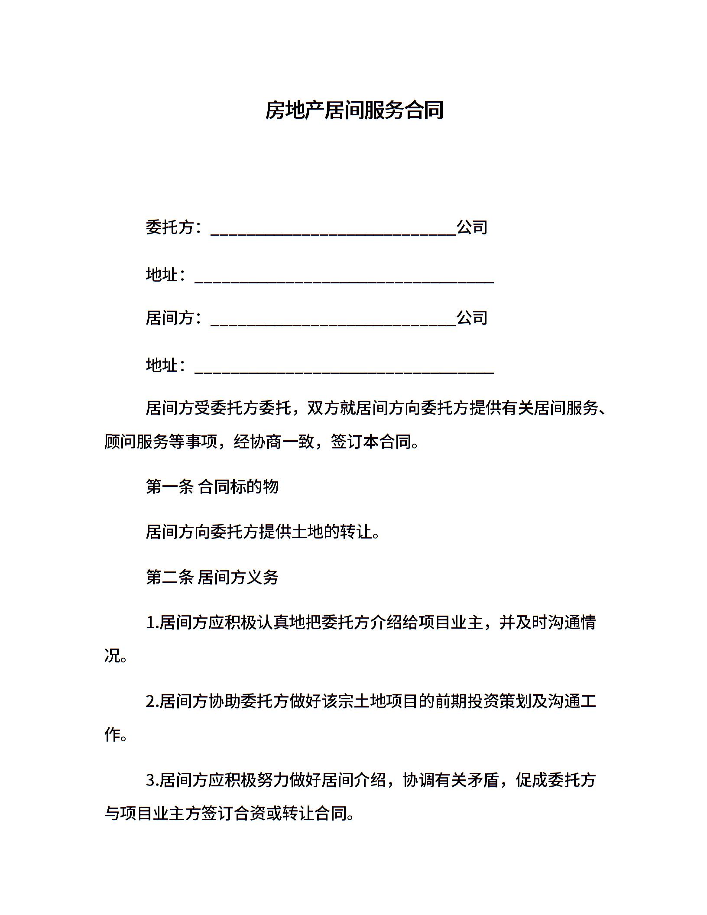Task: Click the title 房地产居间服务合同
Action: (354, 110)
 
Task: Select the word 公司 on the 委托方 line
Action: (472, 227)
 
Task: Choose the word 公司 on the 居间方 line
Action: (472, 318)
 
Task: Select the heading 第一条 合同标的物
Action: (212, 487)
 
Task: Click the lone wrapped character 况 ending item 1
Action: (112, 656)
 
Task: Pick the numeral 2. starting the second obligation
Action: (152, 701)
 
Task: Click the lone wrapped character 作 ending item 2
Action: (112, 735)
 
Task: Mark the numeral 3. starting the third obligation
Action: (152, 780)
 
